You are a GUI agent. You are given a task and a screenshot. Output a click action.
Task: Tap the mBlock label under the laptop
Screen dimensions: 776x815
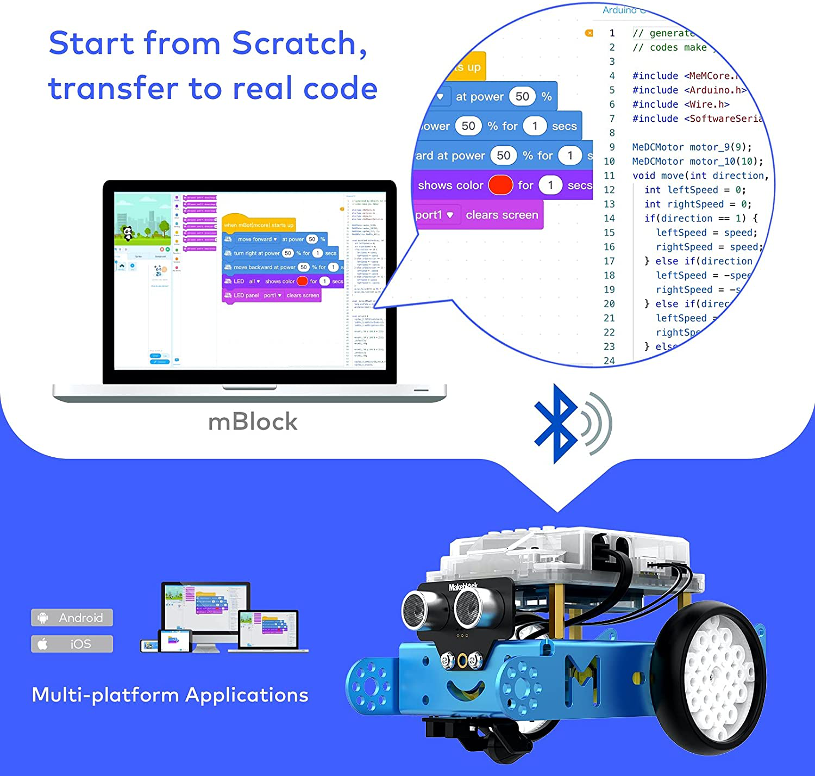coord(253,422)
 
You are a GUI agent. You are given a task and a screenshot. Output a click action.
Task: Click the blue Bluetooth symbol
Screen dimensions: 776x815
coord(555,424)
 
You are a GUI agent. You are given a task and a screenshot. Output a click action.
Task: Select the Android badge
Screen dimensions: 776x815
coord(72,618)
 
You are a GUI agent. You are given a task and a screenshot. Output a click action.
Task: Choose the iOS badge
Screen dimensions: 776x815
coord(72,644)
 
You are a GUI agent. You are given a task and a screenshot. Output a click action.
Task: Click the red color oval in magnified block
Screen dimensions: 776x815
coord(500,185)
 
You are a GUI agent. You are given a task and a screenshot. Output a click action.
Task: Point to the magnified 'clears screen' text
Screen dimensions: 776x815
coord(501,215)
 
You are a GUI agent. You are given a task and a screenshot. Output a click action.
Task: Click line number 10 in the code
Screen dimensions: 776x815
coord(609,162)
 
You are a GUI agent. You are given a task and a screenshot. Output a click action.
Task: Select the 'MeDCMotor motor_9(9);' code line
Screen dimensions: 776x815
coord(692,147)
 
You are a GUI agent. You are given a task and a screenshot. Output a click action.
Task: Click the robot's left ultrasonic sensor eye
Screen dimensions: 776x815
coord(418,608)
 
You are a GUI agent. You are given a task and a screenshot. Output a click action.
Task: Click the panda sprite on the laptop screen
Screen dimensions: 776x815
coord(127,233)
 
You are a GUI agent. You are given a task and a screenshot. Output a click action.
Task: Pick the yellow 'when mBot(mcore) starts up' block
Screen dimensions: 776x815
coord(259,225)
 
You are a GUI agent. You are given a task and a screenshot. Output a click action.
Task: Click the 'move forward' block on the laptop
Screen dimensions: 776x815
coord(257,239)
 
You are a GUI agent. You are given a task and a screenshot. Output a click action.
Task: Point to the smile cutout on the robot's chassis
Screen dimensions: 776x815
coord(465,690)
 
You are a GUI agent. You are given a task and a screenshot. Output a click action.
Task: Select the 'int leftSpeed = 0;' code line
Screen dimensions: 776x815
coord(695,190)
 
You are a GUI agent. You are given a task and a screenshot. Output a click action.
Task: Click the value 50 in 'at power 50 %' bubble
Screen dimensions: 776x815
coord(522,97)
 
